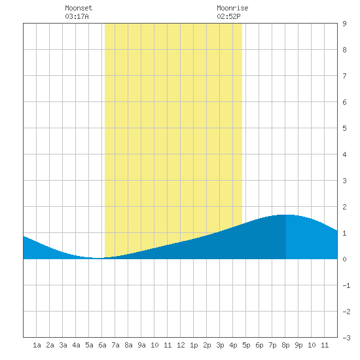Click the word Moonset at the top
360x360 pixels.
click(x=79, y=8)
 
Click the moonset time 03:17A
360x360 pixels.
click(x=77, y=16)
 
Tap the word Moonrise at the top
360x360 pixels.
click(x=232, y=8)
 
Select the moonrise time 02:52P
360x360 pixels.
click(x=228, y=16)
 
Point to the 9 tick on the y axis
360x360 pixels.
click(x=344, y=24)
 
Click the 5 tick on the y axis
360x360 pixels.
click(x=344, y=128)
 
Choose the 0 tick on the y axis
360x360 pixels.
click(x=344, y=259)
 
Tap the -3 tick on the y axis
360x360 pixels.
click(x=346, y=338)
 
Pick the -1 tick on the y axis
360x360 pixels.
click(x=346, y=285)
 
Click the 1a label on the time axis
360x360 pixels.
click(x=37, y=345)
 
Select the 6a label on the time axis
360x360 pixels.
click(x=102, y=345)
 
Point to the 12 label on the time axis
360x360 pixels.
click(x=181, y=345)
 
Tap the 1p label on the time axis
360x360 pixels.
click(x=194, y=345)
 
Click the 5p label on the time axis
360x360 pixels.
click(x=246, y=345)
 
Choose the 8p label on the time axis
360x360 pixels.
click(x=285, y=345)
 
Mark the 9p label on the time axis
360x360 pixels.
click(x=298, y=345)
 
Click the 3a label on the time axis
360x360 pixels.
click(x=63, y=345)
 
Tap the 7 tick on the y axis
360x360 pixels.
click(x=344, y=76)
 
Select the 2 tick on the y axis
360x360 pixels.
click(x=344, y=207)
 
